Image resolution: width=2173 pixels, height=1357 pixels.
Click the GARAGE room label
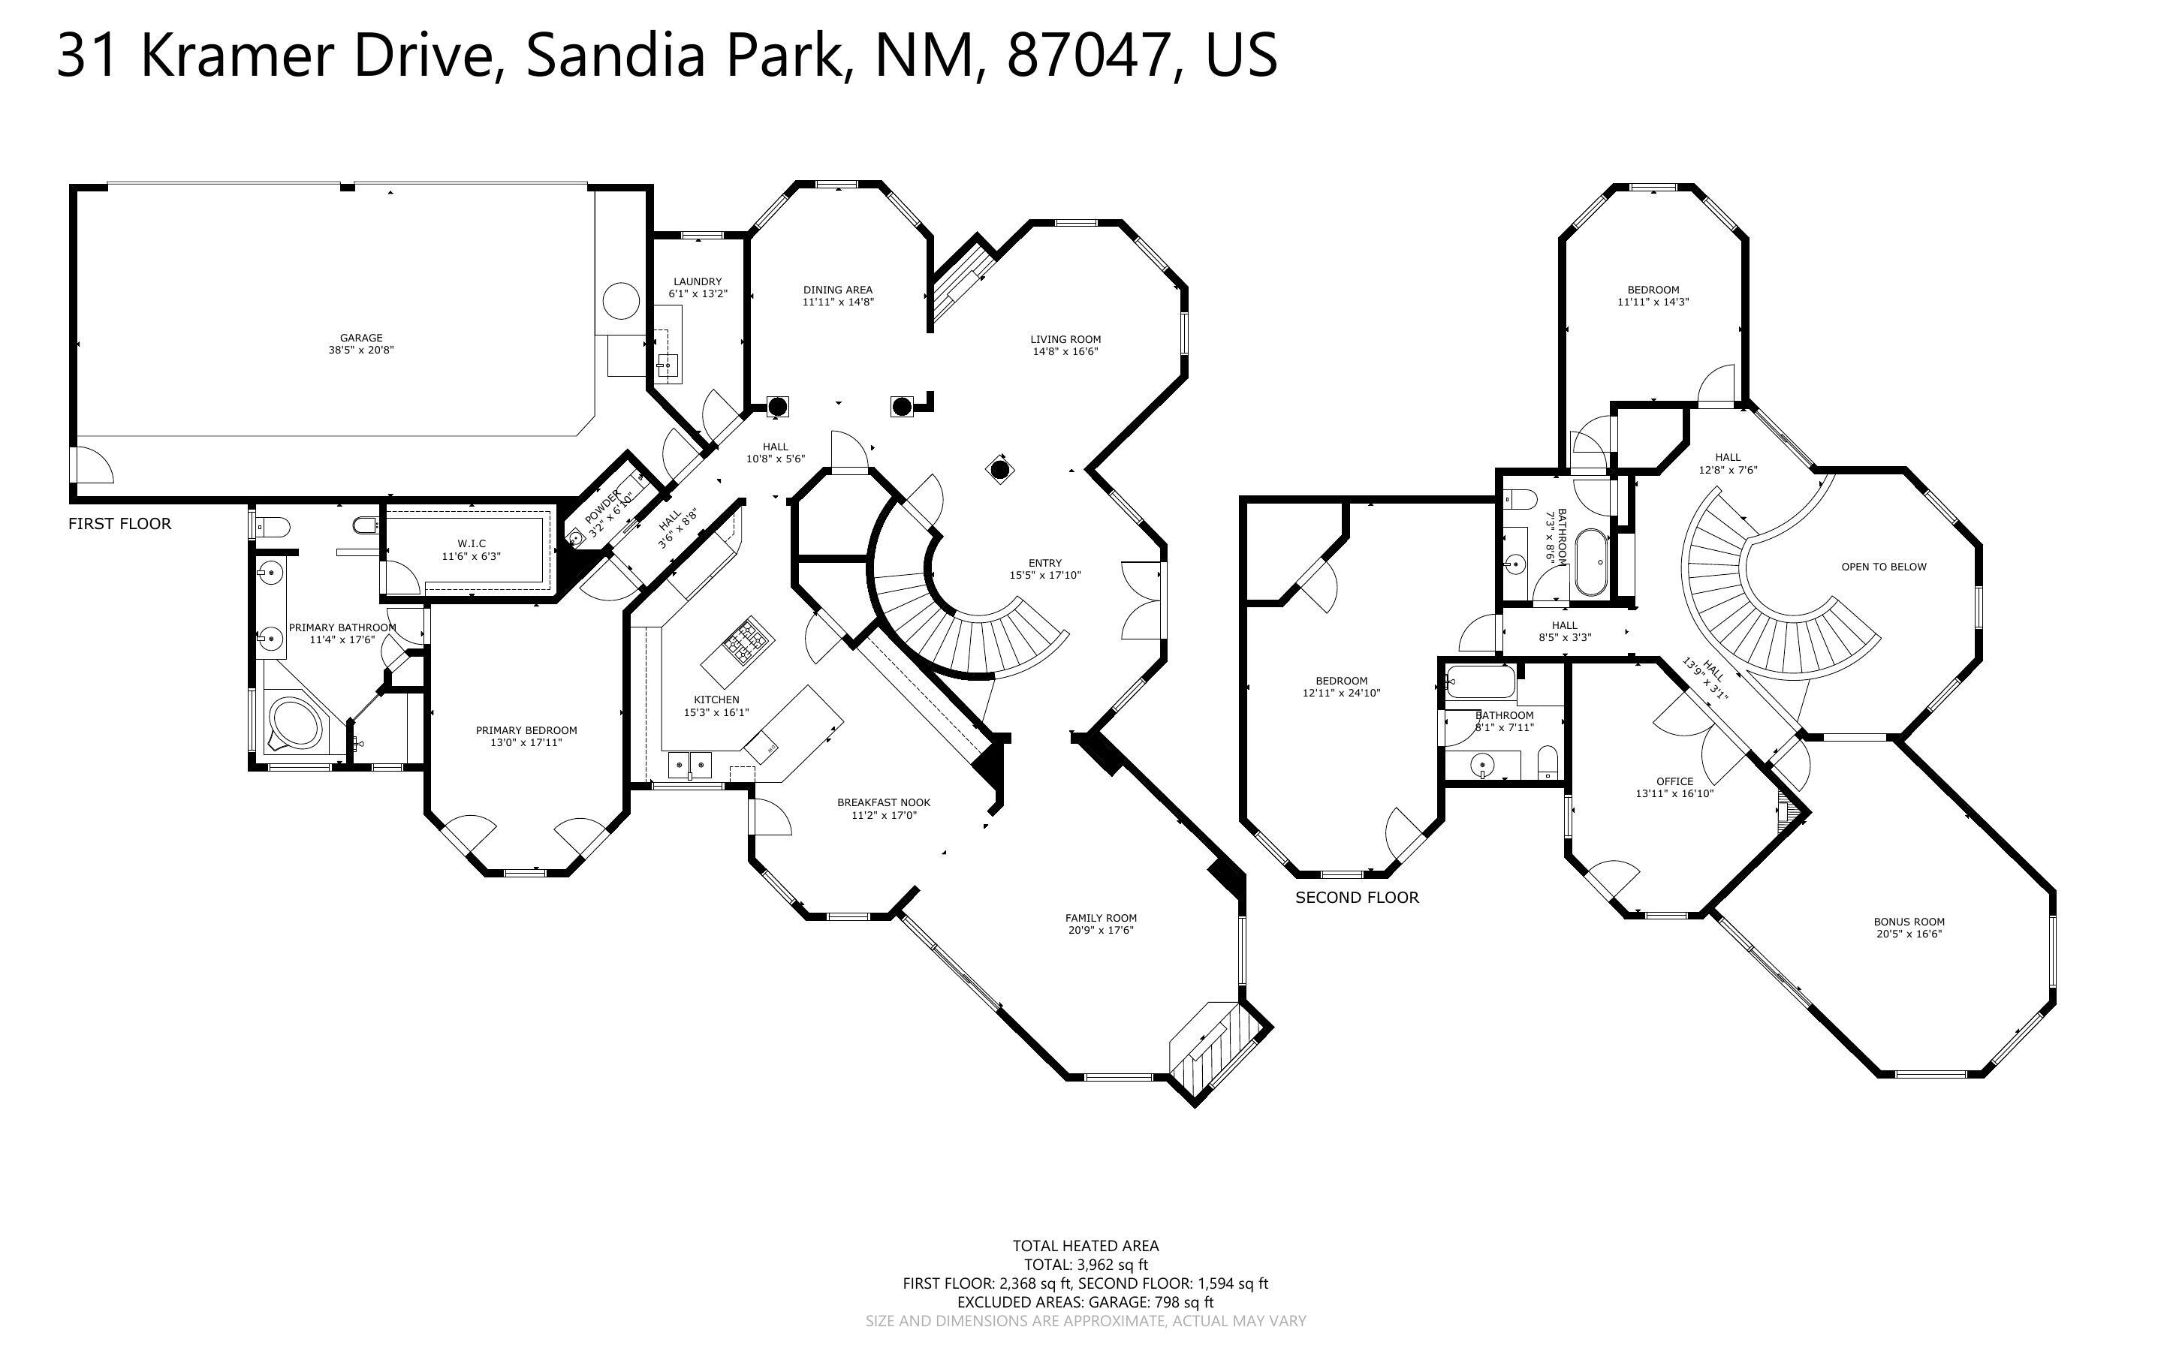coord(361,338)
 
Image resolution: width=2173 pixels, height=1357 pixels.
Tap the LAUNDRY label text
coord(698,281)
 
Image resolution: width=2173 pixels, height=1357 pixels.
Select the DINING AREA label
coord(837,290)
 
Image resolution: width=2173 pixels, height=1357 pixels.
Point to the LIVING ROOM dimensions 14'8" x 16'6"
coord(1065,352)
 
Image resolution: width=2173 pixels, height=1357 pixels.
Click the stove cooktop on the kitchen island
coord(748,638)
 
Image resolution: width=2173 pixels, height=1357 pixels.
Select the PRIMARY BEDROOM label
coord(526,730)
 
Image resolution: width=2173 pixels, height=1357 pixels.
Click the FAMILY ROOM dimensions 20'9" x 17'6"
coord(1102,931)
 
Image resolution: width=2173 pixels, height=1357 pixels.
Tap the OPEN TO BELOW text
coord(1883,567)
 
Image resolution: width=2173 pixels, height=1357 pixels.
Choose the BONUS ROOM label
coord(1908,922)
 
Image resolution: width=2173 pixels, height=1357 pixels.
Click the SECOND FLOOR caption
coord(1356,898)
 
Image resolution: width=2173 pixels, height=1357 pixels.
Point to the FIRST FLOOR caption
coord(119,524)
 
